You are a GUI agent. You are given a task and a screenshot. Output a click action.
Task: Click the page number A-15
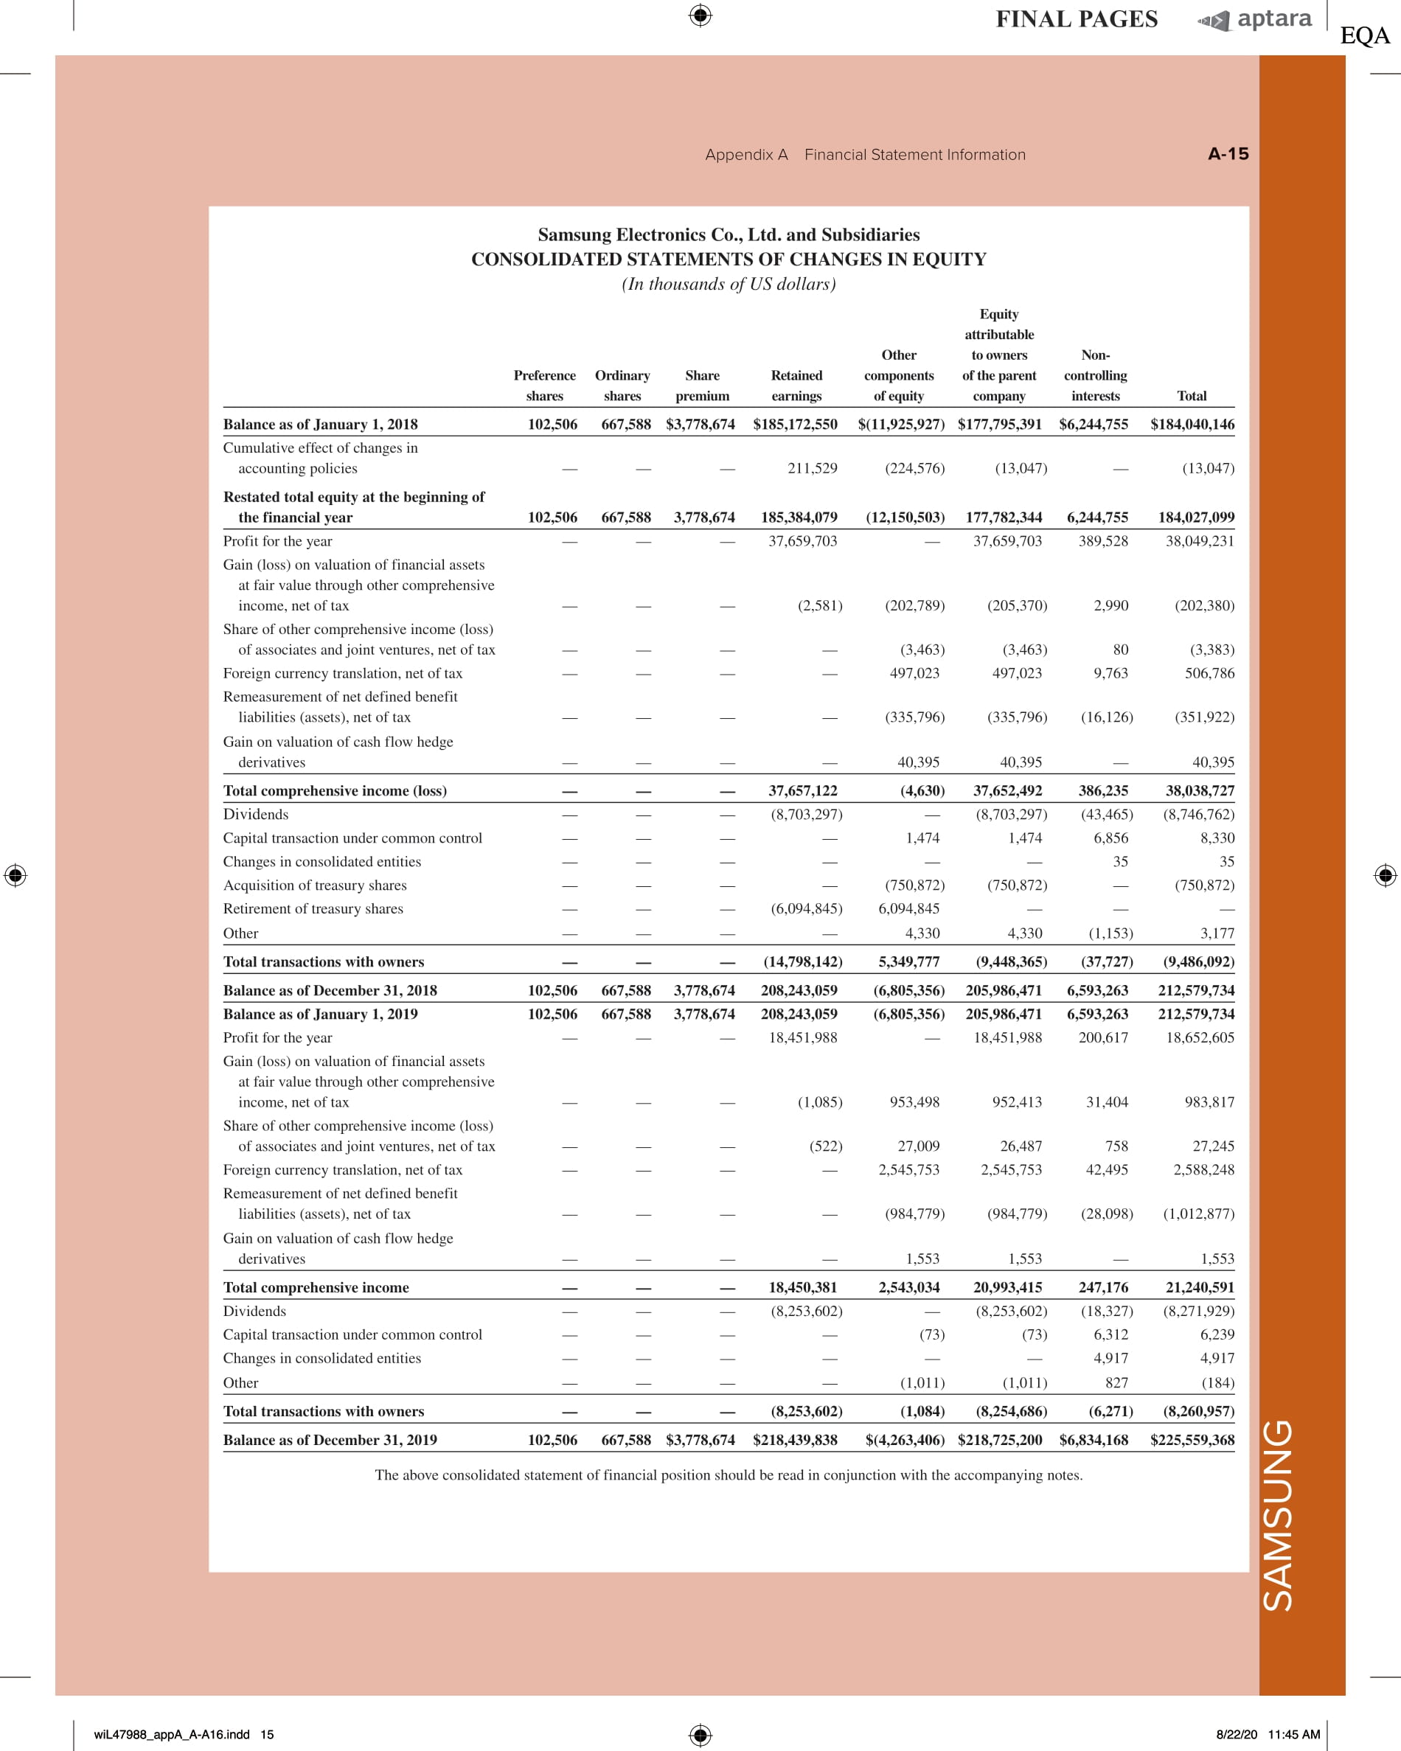[x=1228, y=154]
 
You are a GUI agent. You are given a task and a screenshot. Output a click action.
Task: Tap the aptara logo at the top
[x=1256, y=19]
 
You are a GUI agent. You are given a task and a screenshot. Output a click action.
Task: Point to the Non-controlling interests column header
[x=1095, y=375]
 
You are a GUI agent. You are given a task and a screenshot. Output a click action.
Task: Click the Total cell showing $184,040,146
[x=1192, y=424]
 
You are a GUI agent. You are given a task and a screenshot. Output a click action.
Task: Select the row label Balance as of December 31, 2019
[x=330, y=1440]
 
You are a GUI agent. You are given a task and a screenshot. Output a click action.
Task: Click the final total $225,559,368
[x=1192, y=1440]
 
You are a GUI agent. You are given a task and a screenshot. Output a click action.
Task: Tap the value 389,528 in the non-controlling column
[x=1103, y=541]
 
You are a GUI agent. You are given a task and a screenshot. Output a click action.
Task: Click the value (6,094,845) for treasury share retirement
[x=806, y=909]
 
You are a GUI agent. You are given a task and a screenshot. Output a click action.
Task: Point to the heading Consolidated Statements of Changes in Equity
[x=729, y=259]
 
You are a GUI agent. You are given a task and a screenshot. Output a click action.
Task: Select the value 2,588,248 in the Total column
[x=1203, y=1170]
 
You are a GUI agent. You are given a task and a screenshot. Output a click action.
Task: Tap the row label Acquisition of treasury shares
[x=315, y=885]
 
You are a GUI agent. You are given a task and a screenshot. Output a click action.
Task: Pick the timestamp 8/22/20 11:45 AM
[x=1267, y=1735]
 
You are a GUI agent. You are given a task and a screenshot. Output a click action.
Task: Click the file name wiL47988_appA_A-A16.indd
[x=173, y=1735]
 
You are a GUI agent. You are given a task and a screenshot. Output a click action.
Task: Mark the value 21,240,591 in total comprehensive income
[x=1200, y=1287]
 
